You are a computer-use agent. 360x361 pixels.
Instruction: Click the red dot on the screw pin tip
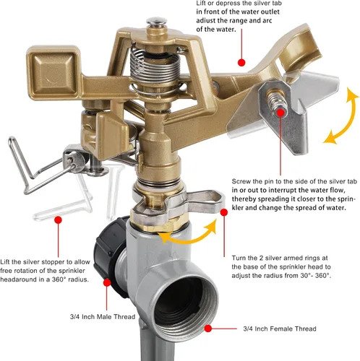click(280, 113)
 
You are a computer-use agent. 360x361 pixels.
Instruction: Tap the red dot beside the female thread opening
click(208, 329)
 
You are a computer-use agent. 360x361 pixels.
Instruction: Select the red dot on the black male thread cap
click(107, 282)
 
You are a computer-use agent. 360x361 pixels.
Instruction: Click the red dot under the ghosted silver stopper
click(58, 219)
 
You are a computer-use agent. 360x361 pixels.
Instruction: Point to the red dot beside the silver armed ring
click(224, 212)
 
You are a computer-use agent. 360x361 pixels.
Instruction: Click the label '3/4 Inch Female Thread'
click(280, 329)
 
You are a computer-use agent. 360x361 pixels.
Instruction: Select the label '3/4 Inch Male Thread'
click(103, 317)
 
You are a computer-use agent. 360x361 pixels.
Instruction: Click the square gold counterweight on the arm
click(53, 72)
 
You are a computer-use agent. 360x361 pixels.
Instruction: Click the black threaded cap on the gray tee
click(111, 255)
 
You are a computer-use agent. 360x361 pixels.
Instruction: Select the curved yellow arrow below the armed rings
click(190, 237)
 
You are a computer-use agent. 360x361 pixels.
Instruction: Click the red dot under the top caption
click(241, 63)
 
